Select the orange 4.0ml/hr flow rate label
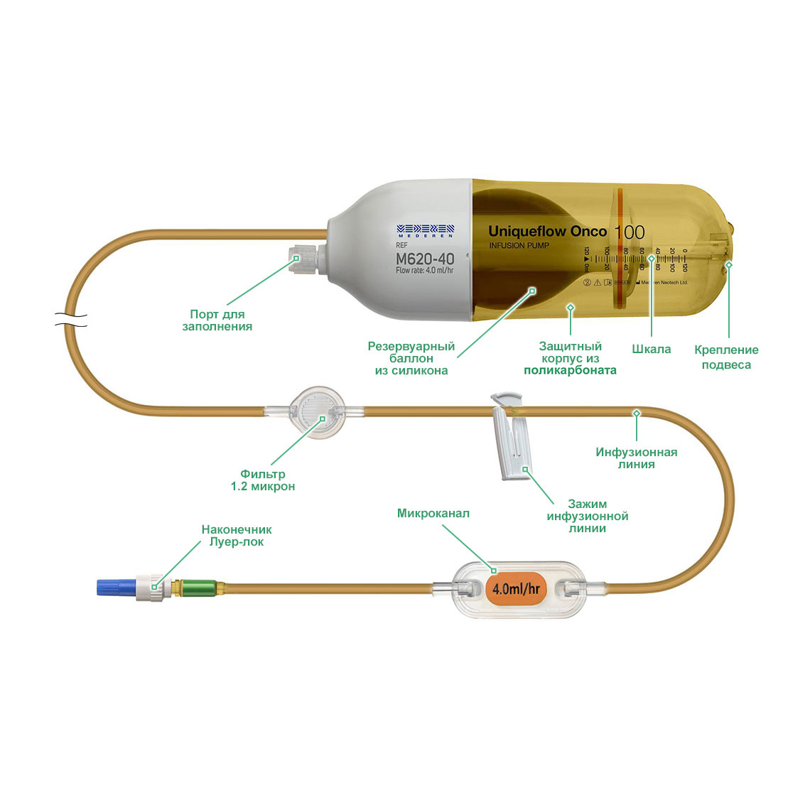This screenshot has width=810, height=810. coord(516,588)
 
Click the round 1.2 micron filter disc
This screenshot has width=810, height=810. coord(318,411)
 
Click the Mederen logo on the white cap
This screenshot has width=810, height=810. coord(425,230)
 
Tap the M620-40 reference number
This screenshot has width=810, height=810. coord(425,259)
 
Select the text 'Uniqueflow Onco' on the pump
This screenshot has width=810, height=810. coord(547,231)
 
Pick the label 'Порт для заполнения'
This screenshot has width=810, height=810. coord(217,320)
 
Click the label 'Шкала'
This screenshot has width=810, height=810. coord(651,350)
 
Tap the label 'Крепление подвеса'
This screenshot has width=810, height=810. coord(726,357)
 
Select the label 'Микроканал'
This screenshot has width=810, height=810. coord(433,513)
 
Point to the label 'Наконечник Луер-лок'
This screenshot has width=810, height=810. coord(236,536)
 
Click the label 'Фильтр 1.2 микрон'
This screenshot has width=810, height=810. coord(262,480)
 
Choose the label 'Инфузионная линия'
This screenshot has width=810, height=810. coord(636,458)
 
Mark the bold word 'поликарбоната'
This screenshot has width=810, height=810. coord(570,370)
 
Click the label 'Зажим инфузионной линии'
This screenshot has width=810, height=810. coord(587,517)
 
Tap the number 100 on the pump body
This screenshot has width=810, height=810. coord(629,232)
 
